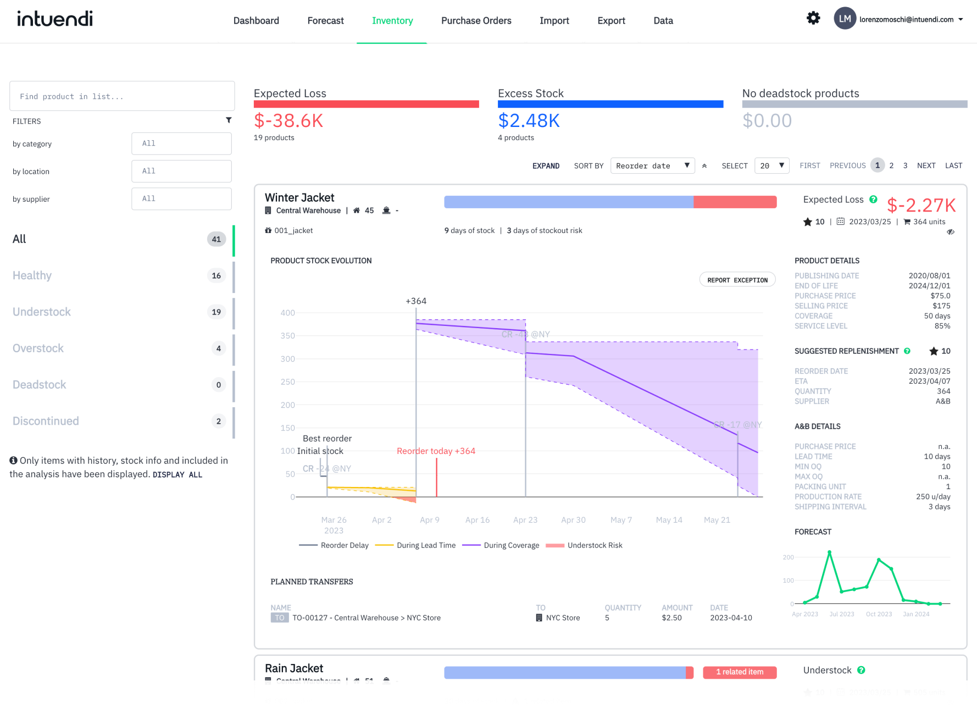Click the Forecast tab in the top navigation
click(325, 21)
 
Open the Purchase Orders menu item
click(476, 21)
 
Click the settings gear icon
click(813, 18)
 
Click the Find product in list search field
click(122, 96)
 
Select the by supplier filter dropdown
click(181, 199)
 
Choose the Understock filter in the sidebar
click(42, 312)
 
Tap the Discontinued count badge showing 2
click(218, 421)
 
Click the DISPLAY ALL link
click(177, 475)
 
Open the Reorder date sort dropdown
click(652, 166)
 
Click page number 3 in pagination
click(905, 165)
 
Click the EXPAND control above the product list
click(546, 166)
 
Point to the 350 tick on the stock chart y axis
click(287, 336)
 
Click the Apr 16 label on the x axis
click(477, 520)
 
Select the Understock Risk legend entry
click(595, 545)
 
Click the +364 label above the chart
click(416, 301)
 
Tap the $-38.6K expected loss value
click(288, 121)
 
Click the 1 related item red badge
click(739, 672)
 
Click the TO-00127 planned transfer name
click(366, 618)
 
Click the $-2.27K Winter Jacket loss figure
click(921, 206)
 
